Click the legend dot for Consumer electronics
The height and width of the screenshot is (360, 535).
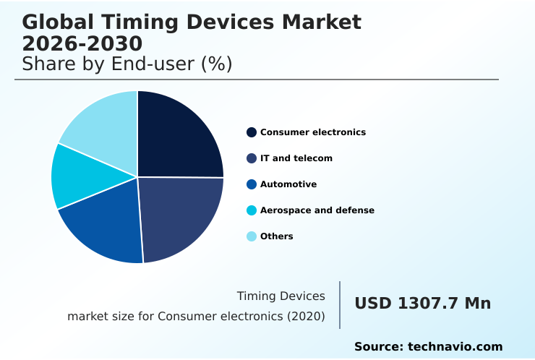tap(252, 132)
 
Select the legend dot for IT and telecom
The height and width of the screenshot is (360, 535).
tap(252, 158)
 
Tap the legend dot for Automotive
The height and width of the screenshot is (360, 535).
tap(252, 184)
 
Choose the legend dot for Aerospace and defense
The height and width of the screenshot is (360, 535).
tap(252, 210)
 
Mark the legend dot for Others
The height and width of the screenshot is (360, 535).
tap(252, 236)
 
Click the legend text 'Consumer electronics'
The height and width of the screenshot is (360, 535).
tap(313, 132)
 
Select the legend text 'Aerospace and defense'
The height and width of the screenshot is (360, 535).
tap(317, 210)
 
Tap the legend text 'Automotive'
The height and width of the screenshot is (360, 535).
tap(288, 184)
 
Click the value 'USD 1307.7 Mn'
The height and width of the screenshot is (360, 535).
tap(422, 304)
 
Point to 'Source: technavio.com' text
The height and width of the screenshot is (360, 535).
tap(428, 347)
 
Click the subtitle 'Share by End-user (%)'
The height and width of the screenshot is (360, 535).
tap(127, 64)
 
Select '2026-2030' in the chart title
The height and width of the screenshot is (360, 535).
tap(82, 44)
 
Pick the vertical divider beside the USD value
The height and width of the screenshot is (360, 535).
tap(340, 305)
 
